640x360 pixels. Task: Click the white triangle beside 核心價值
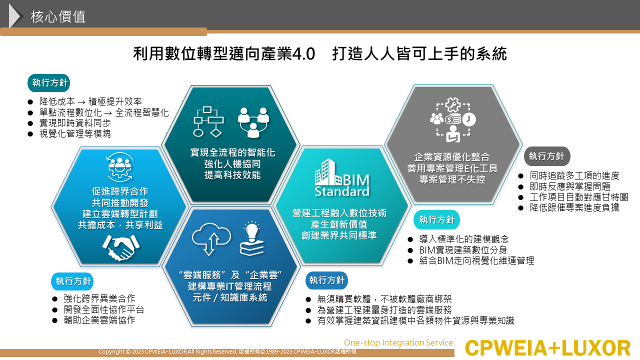15,16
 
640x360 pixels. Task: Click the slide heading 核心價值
58,16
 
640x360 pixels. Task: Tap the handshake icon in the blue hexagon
121,247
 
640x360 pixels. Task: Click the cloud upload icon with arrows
211,238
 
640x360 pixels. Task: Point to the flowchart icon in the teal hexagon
208,122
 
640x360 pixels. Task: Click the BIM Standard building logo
341,177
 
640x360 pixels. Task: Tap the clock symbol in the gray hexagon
469,119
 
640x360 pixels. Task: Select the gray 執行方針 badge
547,156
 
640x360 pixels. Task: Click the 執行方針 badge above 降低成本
49,83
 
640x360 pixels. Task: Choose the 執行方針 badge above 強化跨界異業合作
72,281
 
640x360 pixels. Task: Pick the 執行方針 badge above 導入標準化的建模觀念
436,219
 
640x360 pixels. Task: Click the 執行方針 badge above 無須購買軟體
326,280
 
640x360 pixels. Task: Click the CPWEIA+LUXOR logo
547,348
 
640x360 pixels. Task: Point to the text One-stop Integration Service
398,342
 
